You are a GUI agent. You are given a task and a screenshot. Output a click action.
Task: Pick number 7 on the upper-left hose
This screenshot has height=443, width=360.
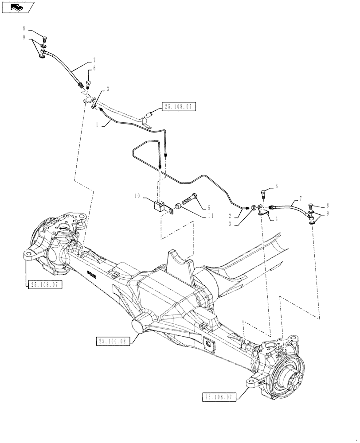pos(94,60)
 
